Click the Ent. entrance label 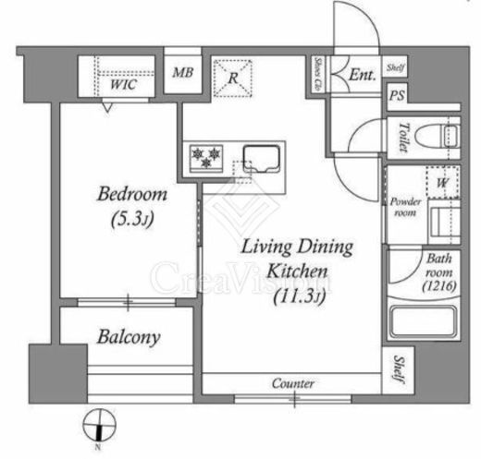pyautogui.click(x=363, y=77)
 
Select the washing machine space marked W pyautogui.click(x=442, y=182)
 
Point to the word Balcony pyautogui.click(x=128, y=336)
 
